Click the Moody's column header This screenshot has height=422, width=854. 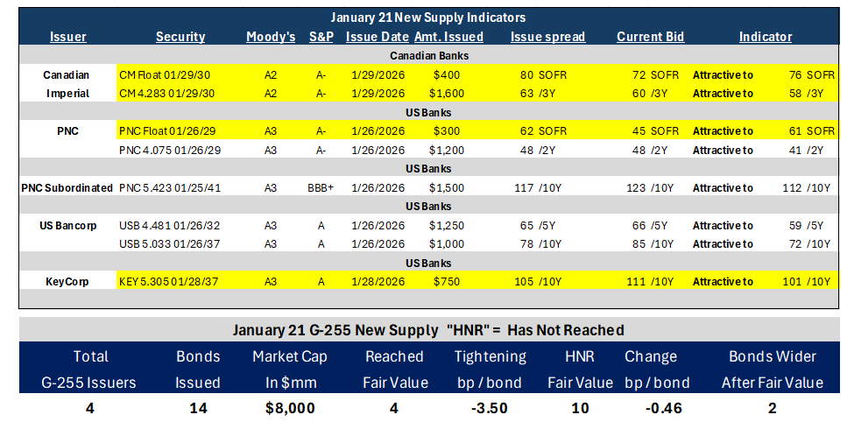(x=271, y=37)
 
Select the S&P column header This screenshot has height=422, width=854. (x=321, y=37)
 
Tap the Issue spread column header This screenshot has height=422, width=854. (x=548, y=37)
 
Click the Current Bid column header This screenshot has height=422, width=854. (x=650, y=37)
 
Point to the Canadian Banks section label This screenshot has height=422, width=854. (x=429, y=55)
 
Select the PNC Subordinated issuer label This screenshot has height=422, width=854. (x=67, y=188)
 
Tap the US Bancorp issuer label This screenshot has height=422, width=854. (x=67, y=225)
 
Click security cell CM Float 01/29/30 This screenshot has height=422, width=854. (x=167, y=74)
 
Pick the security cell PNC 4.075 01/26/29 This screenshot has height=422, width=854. (x=169, y=150)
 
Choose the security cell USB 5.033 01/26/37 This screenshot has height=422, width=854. (x=169, y=244)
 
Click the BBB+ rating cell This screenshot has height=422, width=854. (x=321, y=188)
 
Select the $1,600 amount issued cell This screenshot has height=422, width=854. (x=447, y=94)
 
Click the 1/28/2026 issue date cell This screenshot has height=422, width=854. (x=378, y=282)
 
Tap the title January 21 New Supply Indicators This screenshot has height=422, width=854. (x=427, y=18)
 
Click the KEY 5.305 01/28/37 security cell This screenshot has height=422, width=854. (x=170, y=282)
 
